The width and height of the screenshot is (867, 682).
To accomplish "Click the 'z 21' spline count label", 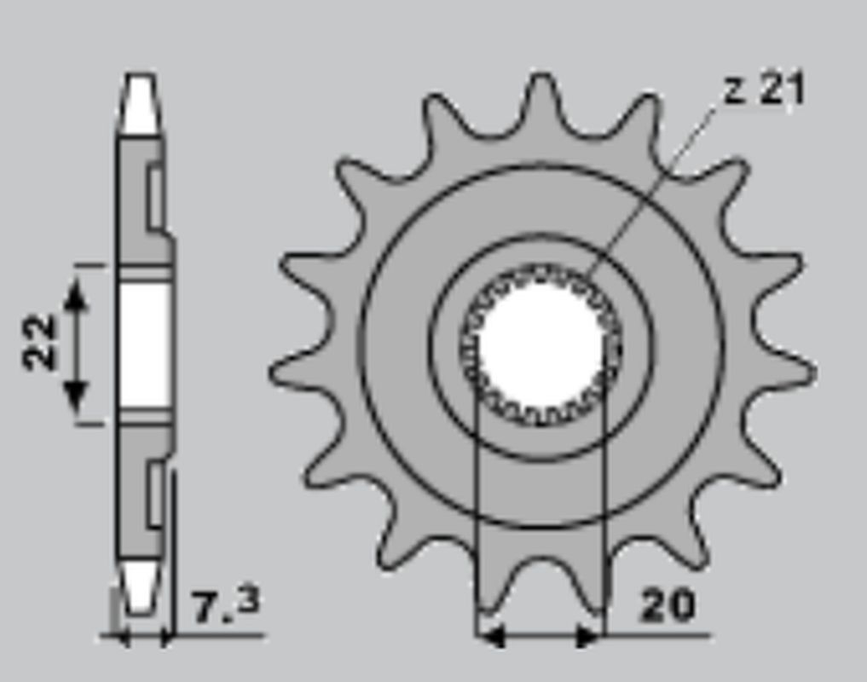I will pos(764,89).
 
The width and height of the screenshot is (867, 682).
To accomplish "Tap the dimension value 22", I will pos(39,342).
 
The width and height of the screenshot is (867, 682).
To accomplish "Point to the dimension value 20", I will pos(668,605).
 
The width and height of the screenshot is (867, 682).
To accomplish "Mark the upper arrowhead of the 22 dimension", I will pos(76,294).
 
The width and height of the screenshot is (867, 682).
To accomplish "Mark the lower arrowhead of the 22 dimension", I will pos(76,394).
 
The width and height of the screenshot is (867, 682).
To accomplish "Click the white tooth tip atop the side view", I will pos(141,104).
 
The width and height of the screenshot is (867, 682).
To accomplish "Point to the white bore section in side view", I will pos(142,345).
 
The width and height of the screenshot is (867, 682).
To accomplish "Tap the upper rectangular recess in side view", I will pos(155,198).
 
